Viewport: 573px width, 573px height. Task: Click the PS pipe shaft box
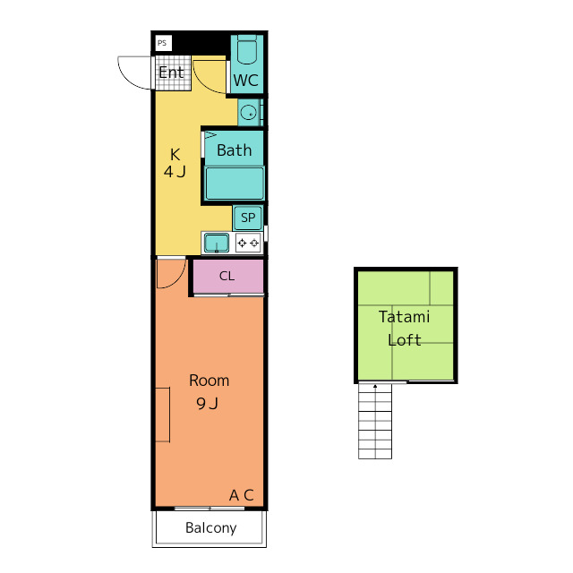163,43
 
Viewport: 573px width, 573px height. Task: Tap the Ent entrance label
171,73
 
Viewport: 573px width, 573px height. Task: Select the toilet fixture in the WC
247,50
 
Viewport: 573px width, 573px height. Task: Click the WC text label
246,81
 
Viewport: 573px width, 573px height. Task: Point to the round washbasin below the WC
249,112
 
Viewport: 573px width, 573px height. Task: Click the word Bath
235,150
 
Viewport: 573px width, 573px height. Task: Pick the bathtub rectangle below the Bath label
235,183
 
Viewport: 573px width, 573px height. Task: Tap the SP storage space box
248,218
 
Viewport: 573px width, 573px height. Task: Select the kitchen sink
217,243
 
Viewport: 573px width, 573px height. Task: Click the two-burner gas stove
249,243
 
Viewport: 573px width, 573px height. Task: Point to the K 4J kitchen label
175,163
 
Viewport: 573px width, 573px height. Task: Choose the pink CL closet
228,276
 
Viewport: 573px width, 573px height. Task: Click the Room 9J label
209,392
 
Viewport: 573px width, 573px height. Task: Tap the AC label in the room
241,495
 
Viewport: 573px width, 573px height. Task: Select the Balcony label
211,528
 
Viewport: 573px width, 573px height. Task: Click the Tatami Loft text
404,329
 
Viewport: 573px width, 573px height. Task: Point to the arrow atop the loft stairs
375,386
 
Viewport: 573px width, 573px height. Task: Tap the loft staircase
375,421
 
